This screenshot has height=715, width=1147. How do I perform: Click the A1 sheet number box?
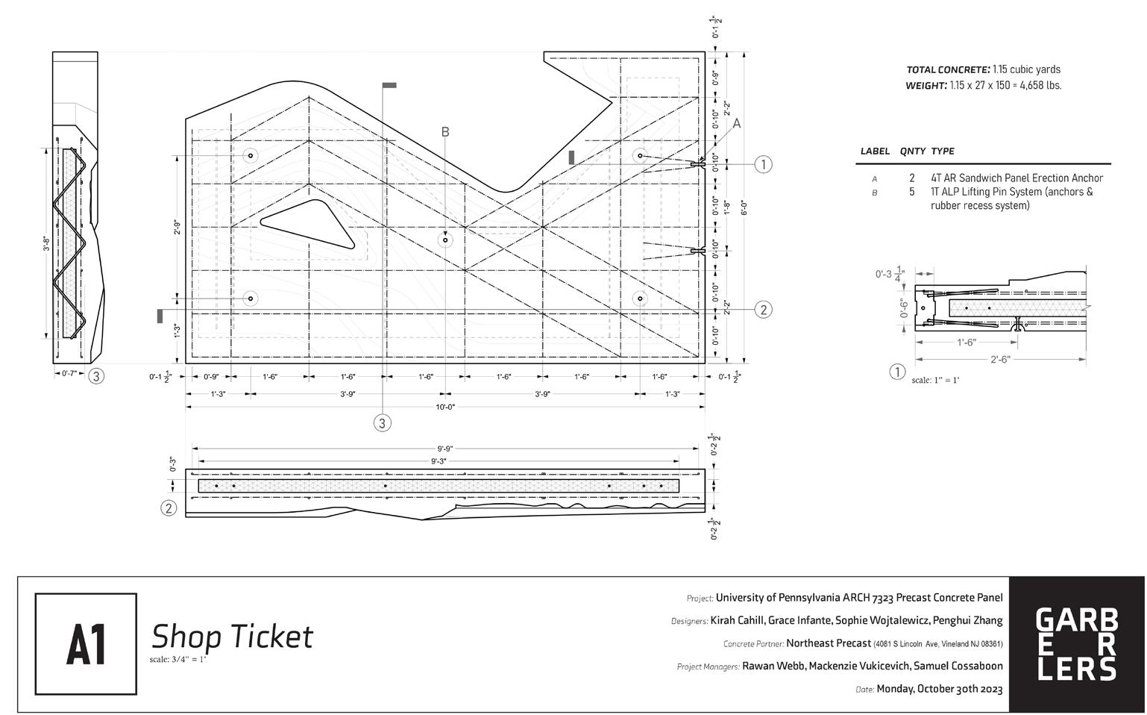pyautogui.click(x=86, y=643)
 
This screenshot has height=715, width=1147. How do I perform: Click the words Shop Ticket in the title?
pyautogui.click(x=232, y=637)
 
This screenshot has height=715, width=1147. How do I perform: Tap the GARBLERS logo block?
pyautogui.click(x=1077, y=644)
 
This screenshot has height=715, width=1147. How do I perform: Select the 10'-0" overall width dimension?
pyautogui.click(x=445, y=407)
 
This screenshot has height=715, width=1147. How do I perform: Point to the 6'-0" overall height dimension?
pyautogui.click(x=744, y=207)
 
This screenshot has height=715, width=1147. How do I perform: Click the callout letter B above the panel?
pyautogui.click(x=445, y=132)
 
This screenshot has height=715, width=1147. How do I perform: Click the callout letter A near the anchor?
pyautogui.click(x=737, y=124)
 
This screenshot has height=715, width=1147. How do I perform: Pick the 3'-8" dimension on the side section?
pyautogui.click(x=46, y=244)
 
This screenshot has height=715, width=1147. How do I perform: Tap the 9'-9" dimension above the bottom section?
pyautogui.click(x=445, y=449)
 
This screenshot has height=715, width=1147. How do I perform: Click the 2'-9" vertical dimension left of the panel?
pyautogui.click(x=177, y=228)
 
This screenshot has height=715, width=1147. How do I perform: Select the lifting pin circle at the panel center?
pyautogui.click(x=445, y=240)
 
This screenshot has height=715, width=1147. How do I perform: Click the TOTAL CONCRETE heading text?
pyautogui.click(x=948, y=69)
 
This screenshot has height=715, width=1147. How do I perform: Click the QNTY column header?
pyautogui.click(x=912, y=151)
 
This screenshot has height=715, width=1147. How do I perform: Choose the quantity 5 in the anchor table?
pyautogui.click(x=912, y=192)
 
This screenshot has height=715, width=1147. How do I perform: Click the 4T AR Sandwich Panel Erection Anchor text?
pyautogui.click(x=1016, y=178)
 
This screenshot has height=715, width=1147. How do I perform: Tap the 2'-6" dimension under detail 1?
pyautogui.click(x=1000, y=360)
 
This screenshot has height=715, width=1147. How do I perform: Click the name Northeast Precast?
pyautogui.click(x=829, y=643)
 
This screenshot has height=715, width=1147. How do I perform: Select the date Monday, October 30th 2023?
pyautogui.click(x=939, y=689)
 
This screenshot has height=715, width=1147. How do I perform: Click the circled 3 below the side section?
pyautogui.click(x=96, y=376)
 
